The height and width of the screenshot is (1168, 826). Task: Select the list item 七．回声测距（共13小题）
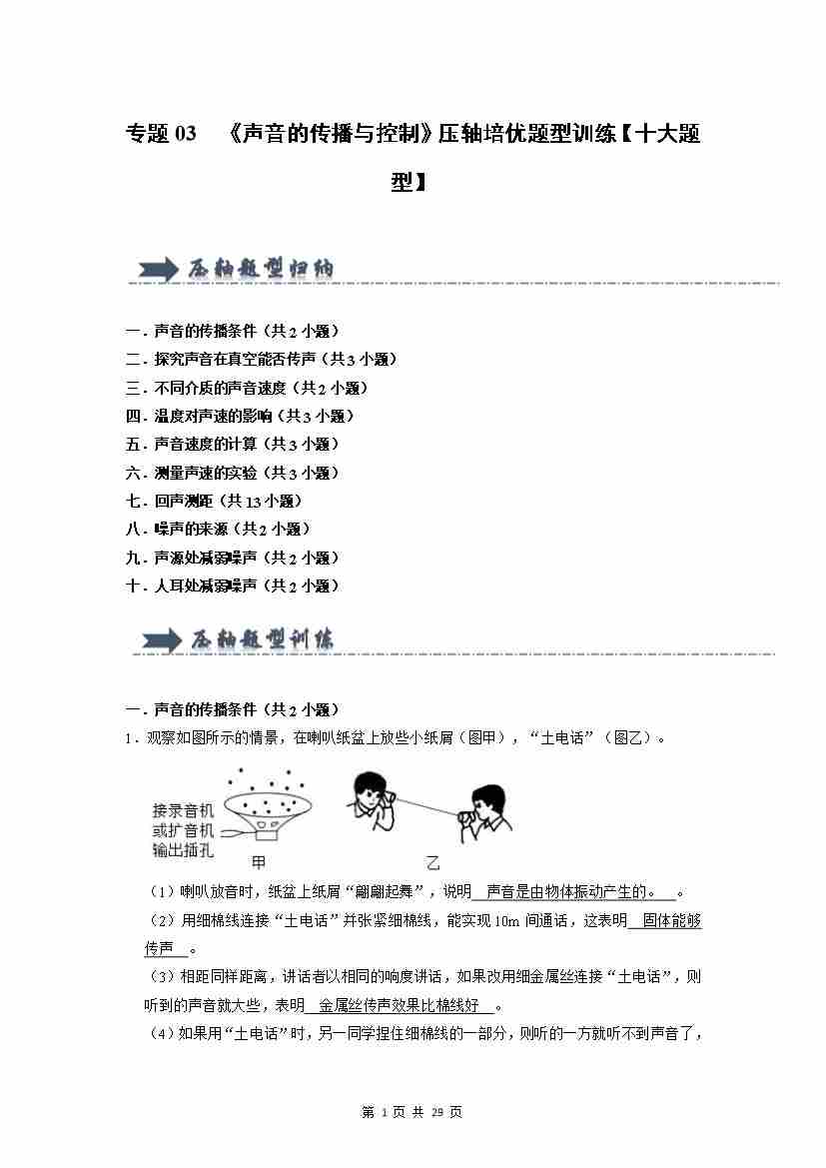pyautogui.click(x=214, y=501)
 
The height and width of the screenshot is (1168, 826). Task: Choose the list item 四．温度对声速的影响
pyautogui.click(x=240, y=416)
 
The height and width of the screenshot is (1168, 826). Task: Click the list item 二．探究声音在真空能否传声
pyautogui.click(x=262, y=359)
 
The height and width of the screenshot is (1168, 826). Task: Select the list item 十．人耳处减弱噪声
pyautogui.click(x=233, y=585)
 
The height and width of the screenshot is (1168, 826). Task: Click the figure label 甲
pyautogui.click(x=258, y=861)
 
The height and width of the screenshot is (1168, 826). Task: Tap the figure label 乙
pyautogui.click(x=432, y=863)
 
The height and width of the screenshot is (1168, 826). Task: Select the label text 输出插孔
pyautogui.click(x=183, y=850)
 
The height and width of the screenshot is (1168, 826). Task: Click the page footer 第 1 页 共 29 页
pyautogui.click(x=412, y=1112)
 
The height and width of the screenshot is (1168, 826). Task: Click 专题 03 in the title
pyautogui.click(x=162, y=134)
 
